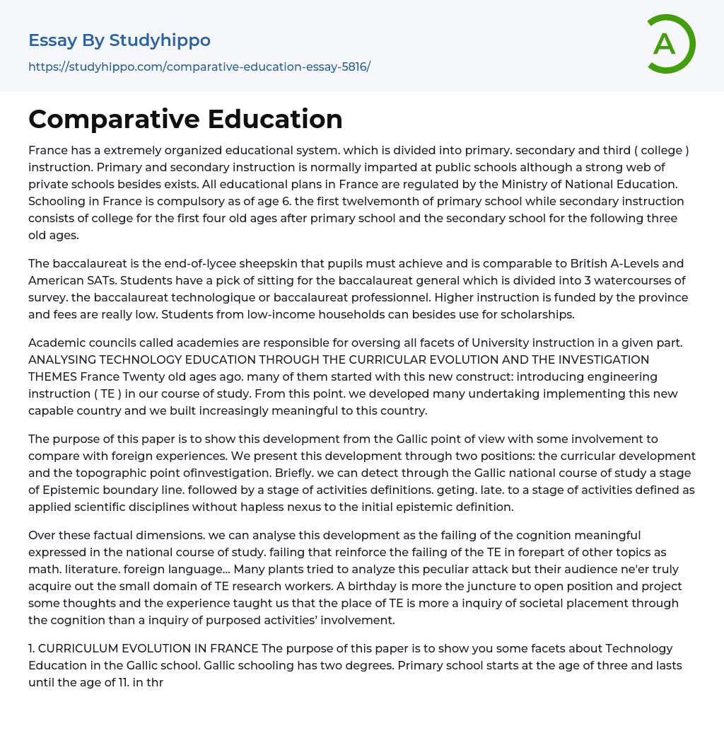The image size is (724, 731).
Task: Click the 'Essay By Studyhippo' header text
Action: click(119, 40)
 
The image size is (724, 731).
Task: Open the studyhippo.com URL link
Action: click(199, 67)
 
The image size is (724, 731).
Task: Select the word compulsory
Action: click(185, 201)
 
